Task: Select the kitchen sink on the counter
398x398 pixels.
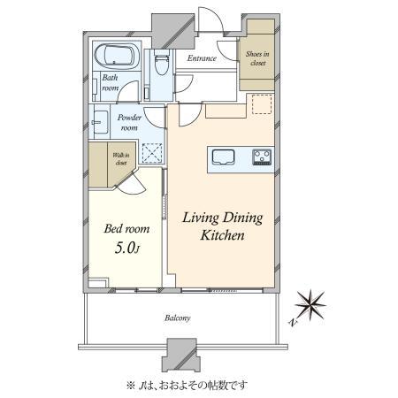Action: [x=222, y=158]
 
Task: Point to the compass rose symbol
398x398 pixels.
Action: [x=313, y=307]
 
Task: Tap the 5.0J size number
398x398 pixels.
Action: [x=126, y=249]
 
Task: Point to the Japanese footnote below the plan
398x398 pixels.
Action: [x=200, y=386]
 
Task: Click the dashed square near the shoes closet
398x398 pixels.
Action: [x=261, y=103]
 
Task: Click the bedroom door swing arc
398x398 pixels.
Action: [x=133, y=183]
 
